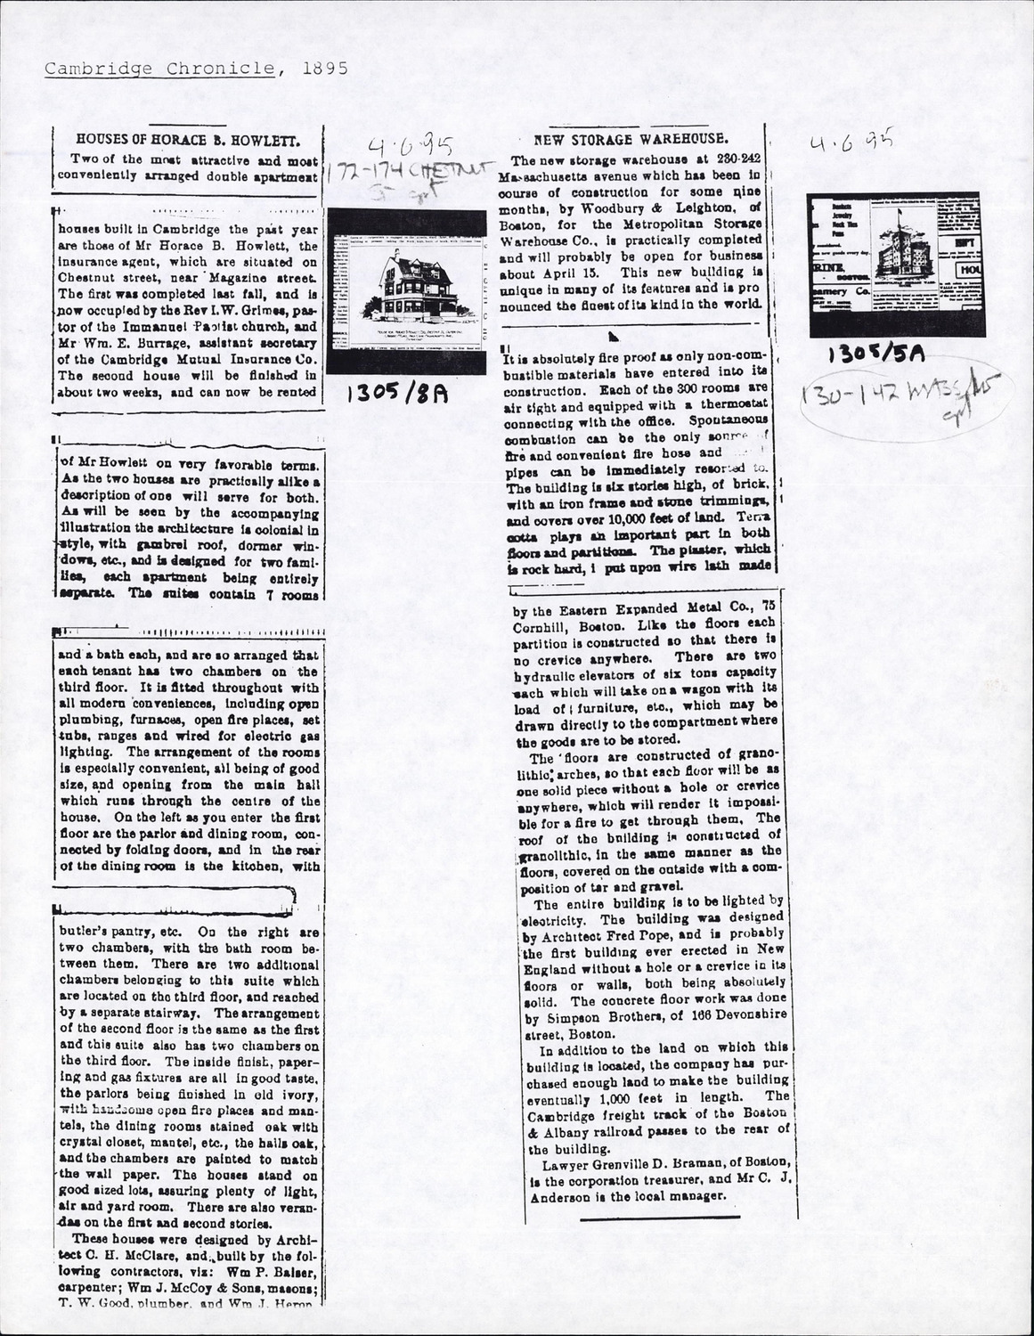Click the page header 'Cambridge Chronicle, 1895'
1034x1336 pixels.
[183, 69]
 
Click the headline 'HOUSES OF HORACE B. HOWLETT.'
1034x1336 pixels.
[187, 140]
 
